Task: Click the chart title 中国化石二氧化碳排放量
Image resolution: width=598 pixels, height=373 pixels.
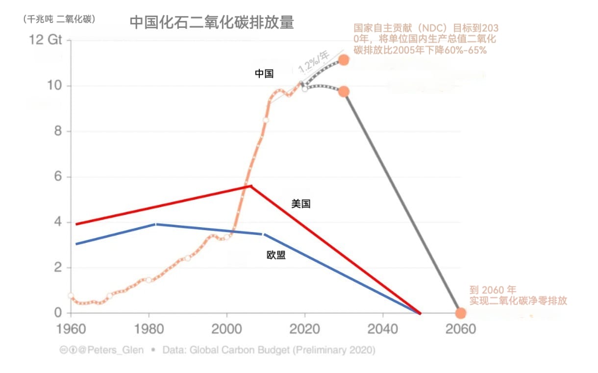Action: coord(212,23)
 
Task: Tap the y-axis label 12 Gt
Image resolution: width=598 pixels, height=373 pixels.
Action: coord(46,40)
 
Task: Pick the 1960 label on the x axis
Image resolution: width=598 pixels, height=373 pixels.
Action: coord(71,328)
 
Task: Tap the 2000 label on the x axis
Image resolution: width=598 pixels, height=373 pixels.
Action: coord(227,328)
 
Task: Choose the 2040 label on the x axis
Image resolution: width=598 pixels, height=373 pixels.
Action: coord(383,328)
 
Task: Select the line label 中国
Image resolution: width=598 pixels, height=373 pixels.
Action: coord(264,74)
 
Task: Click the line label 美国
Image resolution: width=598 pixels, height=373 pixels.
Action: coord(301,204)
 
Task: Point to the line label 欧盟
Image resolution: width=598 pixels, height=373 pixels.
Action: coord(276,255)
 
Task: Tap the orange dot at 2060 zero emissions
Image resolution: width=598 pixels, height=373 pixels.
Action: coord(460,313)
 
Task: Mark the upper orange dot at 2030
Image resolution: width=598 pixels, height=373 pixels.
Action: coord(344,60)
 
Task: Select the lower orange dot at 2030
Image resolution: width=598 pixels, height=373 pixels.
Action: coord(344,92)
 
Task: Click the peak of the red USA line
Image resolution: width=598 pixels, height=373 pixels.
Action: coord(251,186)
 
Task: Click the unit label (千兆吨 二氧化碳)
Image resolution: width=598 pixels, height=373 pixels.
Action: coord(59,19)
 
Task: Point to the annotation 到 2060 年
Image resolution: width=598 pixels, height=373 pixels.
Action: coord(493,290)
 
